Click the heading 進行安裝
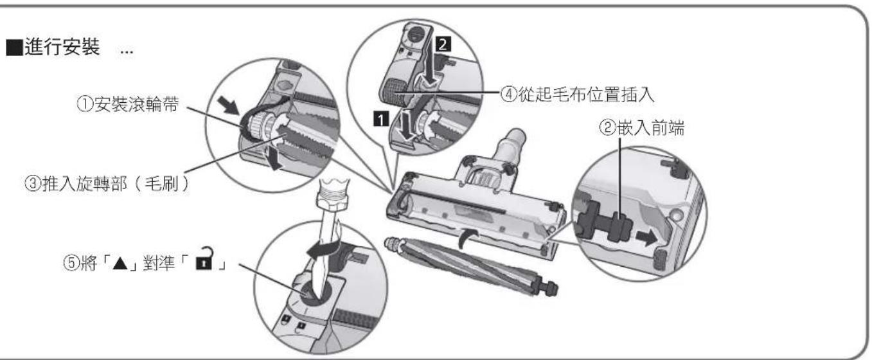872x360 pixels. coord(62,47)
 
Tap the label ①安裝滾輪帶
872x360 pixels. coord(128,104)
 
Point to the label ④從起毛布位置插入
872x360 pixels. coord(577,94)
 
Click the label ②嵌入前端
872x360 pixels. coord(641,128)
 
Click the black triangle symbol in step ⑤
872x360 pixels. coord(120,265)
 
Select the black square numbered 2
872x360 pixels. coord(443,44)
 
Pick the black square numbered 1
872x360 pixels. coord(380,118)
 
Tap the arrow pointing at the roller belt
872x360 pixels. coord(229,105)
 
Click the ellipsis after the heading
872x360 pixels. coord(127,52)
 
